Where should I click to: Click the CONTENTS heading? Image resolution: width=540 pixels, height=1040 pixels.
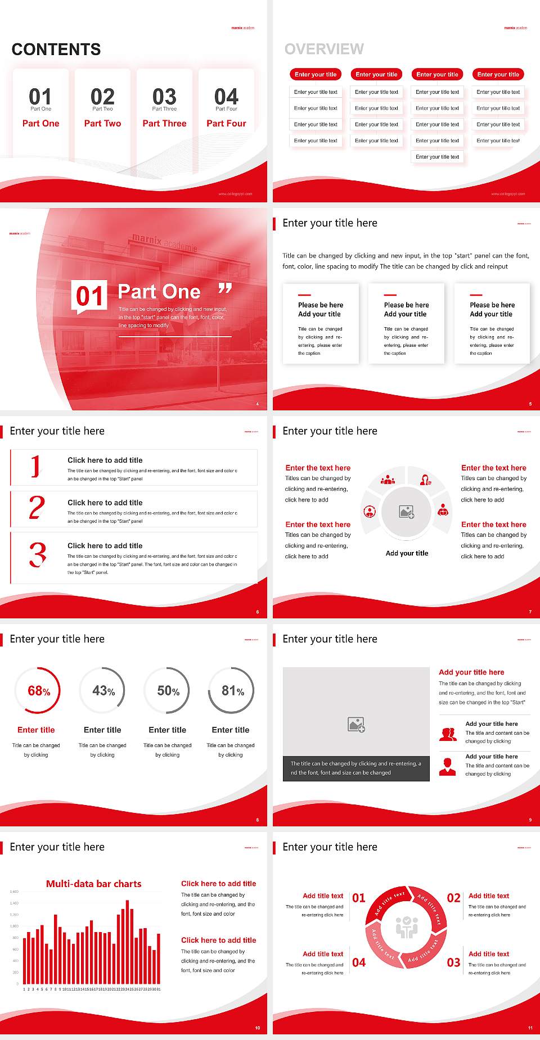pyautogui.click(x=56, y=49)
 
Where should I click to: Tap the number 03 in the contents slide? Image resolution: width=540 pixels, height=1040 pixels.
pyautogui.click(x=164, y=97)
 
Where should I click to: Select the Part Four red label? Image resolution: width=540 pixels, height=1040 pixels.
pyautogui.click(x=226, y=123)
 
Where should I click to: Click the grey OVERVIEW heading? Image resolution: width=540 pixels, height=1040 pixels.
pyautogui.click(x=324, y=49)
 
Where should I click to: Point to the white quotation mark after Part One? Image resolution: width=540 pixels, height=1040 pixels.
pyautogui.click(x=225, y=289)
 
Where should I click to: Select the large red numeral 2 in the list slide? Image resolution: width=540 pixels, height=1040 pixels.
pyautogui.click(x=37, y=508)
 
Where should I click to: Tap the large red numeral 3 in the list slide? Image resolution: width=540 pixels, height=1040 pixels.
pyautogui.click(x=38, y=554)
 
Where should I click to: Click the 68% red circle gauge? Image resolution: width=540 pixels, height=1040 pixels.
pyautogui.click(x=38, y=691)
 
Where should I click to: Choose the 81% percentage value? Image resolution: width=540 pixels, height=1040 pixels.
pyautogui.click(x=232, y=691)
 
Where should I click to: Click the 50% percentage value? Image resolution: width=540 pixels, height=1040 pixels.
pyautogui.click(x=168, y=691)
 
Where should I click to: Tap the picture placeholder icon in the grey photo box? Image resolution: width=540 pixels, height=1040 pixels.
pyautogui.click(x=356, y=725)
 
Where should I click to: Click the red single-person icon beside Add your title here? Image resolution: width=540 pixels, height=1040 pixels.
pyautogui.click(x=447, y=767)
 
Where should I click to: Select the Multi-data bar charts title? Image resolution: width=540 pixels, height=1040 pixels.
pyautogui.click(x=94, y=884)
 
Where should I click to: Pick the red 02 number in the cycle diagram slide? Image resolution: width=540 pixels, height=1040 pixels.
pyautogui.click(x=453, y=898)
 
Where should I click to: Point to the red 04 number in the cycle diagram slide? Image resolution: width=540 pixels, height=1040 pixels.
pyautogui.click(x=359, y=962)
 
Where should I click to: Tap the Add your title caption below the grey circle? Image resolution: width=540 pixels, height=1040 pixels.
pyautogui.click(x=407, y=553)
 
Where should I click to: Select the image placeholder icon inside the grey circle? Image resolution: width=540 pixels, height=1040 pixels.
pyautogui.click(x=407, y=512)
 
